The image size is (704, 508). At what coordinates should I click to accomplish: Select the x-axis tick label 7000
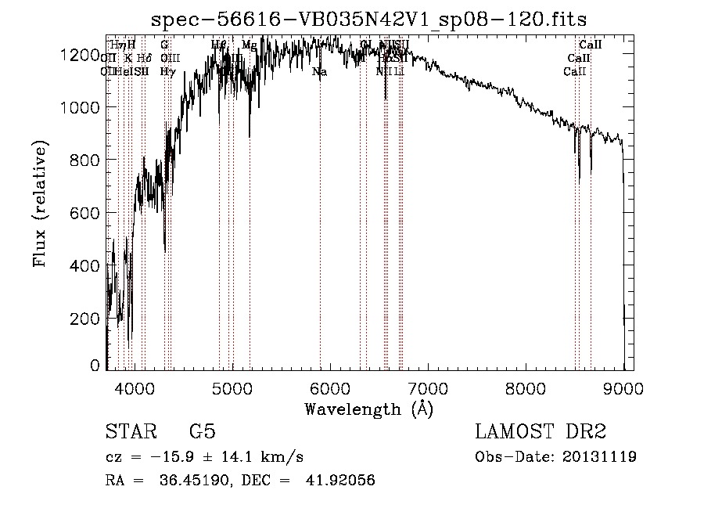(428, 387)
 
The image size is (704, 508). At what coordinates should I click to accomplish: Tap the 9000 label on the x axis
(623, 387)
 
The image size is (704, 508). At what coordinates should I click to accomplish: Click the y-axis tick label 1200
(81, 55)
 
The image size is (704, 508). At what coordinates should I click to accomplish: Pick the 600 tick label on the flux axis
(88, 213)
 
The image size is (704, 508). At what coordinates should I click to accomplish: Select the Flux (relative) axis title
(40, 205)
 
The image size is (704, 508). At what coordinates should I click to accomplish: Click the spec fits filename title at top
(368, 18)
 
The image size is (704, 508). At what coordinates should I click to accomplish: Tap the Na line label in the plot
(319, 72)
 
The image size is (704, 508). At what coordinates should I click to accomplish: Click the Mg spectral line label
(249, 45)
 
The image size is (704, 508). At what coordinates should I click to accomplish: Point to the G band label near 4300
(164, 45)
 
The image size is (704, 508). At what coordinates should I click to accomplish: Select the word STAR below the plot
(130, 432)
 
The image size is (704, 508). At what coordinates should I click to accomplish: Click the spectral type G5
(202, 432)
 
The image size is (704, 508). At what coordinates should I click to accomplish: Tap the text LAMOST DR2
(541, 432)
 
